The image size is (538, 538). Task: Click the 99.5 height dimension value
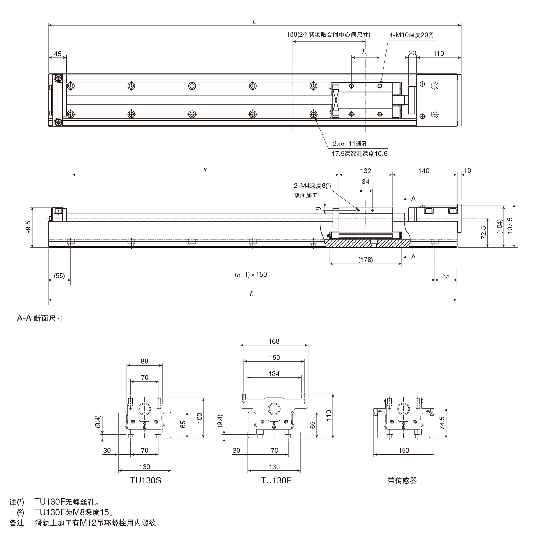(x=28, y=227)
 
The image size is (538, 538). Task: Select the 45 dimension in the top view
(x=58, y=54)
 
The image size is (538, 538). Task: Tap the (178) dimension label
(x=365, y=260)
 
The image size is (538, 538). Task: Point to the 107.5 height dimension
(x=510, y=226)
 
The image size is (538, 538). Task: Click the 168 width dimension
(x=274, y=341)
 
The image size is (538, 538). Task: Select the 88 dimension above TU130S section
(x=144, y=361)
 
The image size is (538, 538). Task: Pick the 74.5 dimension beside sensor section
(x=442, y=423)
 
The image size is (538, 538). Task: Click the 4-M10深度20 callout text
(x=411, y=35)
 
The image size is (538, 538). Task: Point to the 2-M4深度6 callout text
(x=312, y=186)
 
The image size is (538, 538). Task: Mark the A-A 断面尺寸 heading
(x=40, y=318)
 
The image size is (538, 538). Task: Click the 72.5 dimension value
(x=483, y=232)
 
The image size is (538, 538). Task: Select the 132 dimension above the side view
(x=366, y=171)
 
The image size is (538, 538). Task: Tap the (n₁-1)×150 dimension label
(x=251, y=275)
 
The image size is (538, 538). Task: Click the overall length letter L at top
(x=254, y=22)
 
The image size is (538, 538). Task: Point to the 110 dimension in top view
(x=438, y=54)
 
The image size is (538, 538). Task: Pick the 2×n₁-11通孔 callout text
(x=350, y=144)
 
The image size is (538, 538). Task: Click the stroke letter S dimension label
(x=205, y=170)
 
